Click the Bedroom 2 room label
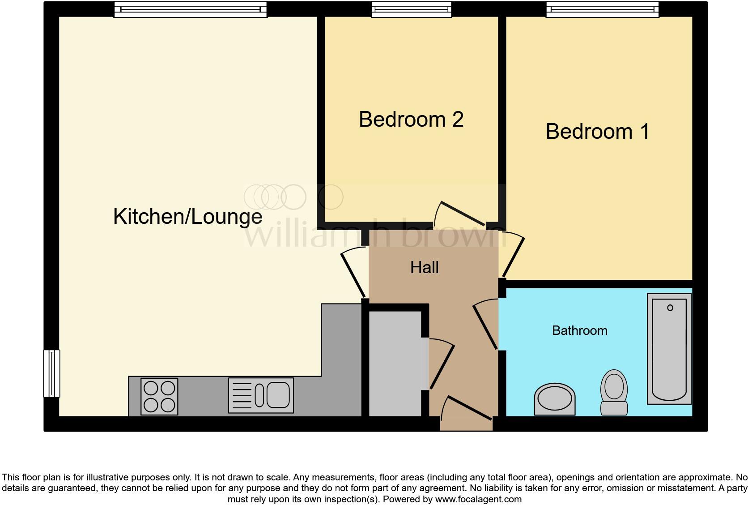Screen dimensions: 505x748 coord(411,120)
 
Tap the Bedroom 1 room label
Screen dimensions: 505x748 coord(597,132)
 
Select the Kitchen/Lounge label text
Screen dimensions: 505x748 coord(187,217)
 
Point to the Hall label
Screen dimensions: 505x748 coord(424,268)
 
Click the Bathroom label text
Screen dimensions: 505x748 coord(579,331)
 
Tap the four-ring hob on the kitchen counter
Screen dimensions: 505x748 coord(159,396)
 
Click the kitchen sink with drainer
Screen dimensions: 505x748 coord(261,395)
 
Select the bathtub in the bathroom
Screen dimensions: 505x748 coord(669,349)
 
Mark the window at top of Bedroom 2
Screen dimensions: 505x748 coord(411,9)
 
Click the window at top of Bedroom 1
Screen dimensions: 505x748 coord(602,9)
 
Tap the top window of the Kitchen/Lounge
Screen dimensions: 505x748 coord(190,9)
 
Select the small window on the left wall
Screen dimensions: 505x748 coord(51,373)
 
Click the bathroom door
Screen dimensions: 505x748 coord(485,325)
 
